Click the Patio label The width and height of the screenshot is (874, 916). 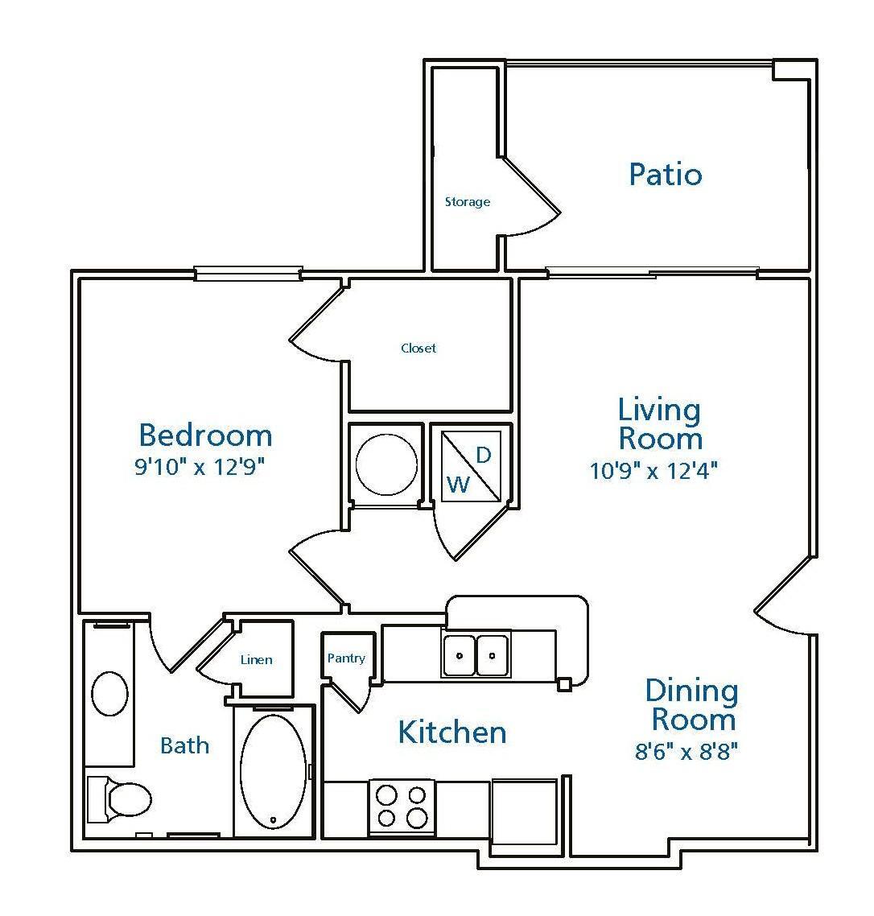pyautogui.click(x=665, y=175)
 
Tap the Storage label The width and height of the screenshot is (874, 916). pyautogui.click(x=468, y=202)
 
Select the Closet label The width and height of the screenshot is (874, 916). pyautogui.click(x=418, y=349)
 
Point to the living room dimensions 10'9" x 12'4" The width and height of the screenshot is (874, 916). pyautogui.click(x=653, y=471)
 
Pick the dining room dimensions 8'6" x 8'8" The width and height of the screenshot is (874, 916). pyautogui.click(x=686, y=752)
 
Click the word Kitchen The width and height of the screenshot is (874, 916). pyautogui.click(x=453, y=732)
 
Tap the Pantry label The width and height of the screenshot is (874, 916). pyautogui.click(x=346, y=658)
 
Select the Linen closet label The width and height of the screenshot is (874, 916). pyautogui.click(x=256, y=660)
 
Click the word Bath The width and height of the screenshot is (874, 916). pyautogui.click(x=184, y=745)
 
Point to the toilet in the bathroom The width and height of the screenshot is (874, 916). pyautogui.click(x=121, y=799)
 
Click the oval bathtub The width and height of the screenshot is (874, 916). pyautogui.click(x=274, y=771)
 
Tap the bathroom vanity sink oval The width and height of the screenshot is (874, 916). pyautogui.click(x=110, y=694)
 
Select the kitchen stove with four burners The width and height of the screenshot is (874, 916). pyautogui.click(x=402, y=807)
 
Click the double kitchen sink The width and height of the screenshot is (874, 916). pyautogui.click(x=476, y=654)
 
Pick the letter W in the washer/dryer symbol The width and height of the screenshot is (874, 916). pyautogui.click(x=457, y=485)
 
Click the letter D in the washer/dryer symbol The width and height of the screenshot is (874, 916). pyautogui.click(x=484, y=456)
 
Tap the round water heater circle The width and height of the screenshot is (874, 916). pyautogui.click(x=387, y=464)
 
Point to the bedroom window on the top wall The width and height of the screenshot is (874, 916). pyautogui.click(x=248, y=274)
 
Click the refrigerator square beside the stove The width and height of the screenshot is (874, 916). pyautogui.click(x=524, y=811)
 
